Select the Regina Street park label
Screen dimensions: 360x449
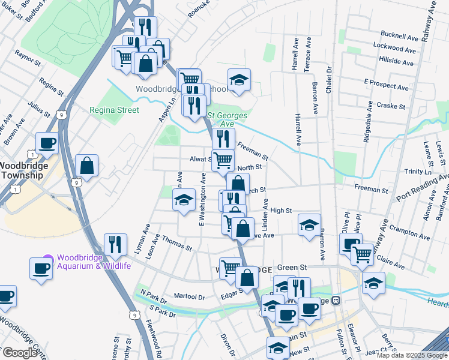point(114,110)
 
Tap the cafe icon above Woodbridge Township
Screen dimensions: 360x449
point(47,143)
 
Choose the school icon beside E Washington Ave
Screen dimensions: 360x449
point(184,200)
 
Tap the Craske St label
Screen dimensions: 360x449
point(393,106)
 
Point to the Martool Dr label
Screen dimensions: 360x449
point(189,296)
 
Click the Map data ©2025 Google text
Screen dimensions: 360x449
point(412,355)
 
